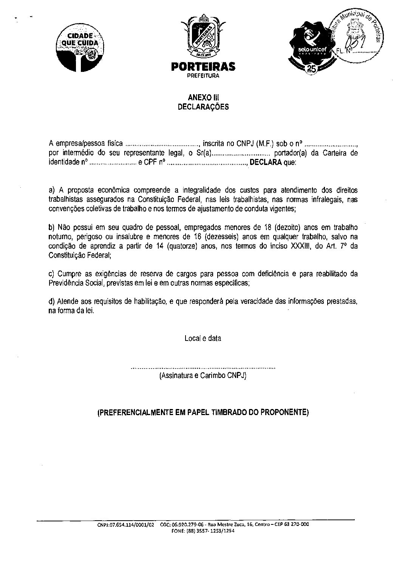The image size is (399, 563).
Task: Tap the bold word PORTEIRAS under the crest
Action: coord(203,67)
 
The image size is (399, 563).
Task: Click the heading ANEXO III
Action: coord(203,98)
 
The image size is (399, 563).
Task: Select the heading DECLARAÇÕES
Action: coord(203,107)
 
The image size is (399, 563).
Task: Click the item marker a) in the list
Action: coord(52,190)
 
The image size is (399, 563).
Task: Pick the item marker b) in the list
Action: coord(52,227)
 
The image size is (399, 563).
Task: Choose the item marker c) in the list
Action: coord(52,274)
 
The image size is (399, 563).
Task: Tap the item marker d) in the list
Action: coord(52,301)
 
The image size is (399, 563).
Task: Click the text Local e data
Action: coord(203,339)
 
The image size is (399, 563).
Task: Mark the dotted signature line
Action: coord(203,367)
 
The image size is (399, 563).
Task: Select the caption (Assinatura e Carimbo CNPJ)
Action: coord(203,376)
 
